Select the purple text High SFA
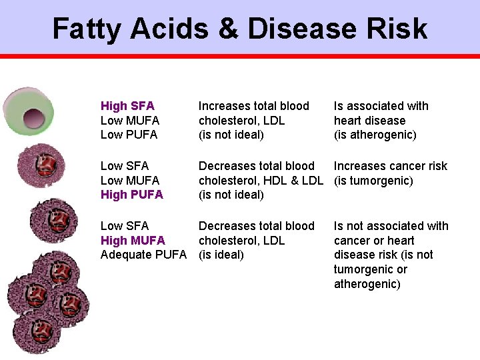pyautogui.click(x=127, y=106)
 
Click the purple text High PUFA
pyautogui.click(x=131, y=195)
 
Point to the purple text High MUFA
pyautogui.click(x=133, y=240)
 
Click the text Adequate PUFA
pyautogui.click(x=143, y=255)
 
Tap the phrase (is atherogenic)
pyautogui.click(x=375, y=135)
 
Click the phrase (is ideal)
pyautogui.click(x=221, y=255)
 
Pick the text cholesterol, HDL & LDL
pyautogui.click(x=261, y=181)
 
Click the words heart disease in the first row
pyautogui.click(x=369, y=121)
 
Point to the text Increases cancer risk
pyautogui.click(x=391, y=166)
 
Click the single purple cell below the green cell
pyautogui.click(x=41, y=165)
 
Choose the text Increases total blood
pyautogui.click(x=254, y=106)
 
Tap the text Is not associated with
pyautogui.click(x=391, y=226)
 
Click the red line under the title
pyautogui.click(x=240, y=57)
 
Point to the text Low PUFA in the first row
pyautogui.click(x=129, y=135)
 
